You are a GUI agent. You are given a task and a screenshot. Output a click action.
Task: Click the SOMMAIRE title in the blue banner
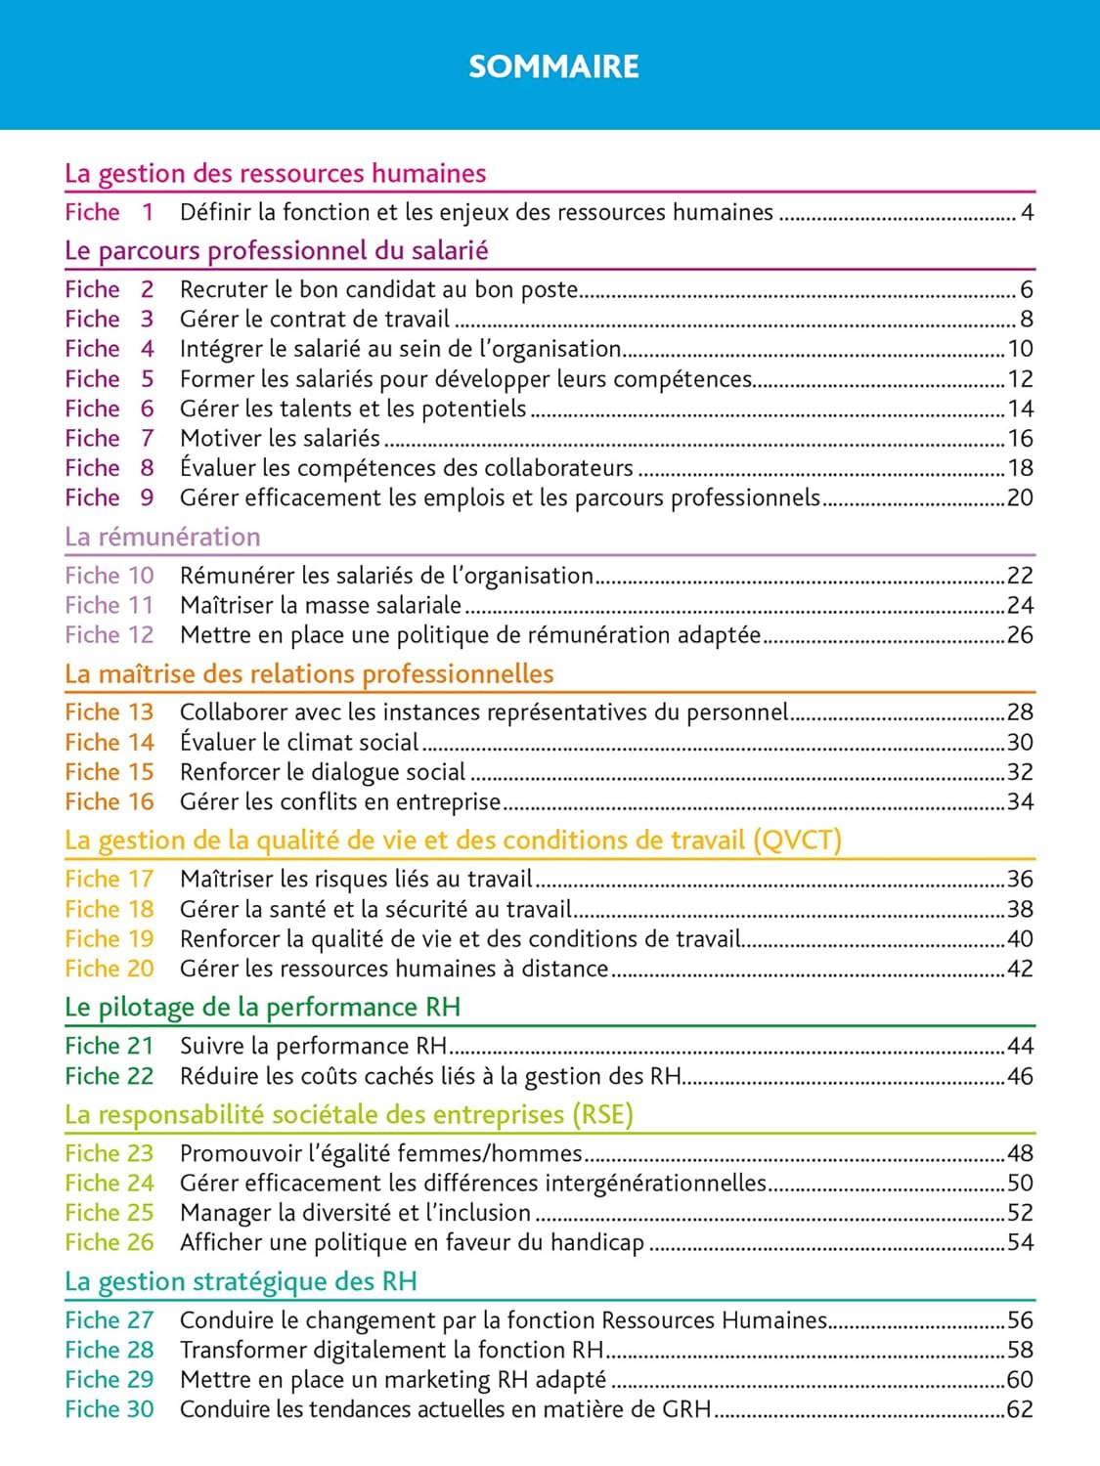click(x=553, y=66)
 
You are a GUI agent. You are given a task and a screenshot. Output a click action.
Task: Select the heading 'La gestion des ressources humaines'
click(x=275, y=174)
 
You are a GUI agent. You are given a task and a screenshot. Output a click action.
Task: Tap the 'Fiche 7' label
click(x=109, y=439)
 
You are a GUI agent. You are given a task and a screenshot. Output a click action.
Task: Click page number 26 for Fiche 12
click(x=1020, y=635)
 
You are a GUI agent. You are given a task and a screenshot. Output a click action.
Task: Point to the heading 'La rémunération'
click(x=162, y=538)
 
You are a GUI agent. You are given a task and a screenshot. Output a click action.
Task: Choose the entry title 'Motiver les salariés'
click(x=280, y=439)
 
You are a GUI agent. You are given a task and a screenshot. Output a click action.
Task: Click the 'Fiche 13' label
click(x=109, y=712)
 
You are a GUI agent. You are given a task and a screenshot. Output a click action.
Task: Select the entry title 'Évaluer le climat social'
click(x=299, y=743)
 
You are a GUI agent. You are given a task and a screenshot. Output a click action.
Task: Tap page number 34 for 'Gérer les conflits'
click(x=1020, y=802)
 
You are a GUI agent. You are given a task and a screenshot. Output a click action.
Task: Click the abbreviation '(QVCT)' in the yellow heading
click(x=797, y=841)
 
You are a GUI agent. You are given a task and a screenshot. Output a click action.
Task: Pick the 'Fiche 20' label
click(x=109, y=969)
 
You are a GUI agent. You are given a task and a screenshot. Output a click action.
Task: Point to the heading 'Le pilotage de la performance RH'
click(x=262, y=1008)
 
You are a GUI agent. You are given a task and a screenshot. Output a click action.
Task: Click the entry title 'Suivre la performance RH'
click(x=313, y=1047)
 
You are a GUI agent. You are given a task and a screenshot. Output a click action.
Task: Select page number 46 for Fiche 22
click(x=1020, y=1076)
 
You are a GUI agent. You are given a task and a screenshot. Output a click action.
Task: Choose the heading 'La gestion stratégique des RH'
click(x=241, y=1282)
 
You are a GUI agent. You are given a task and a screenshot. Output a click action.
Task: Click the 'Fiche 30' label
click(x=109, y=1409)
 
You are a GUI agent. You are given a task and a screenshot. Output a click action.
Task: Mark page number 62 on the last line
click(x=1020, y=1409)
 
